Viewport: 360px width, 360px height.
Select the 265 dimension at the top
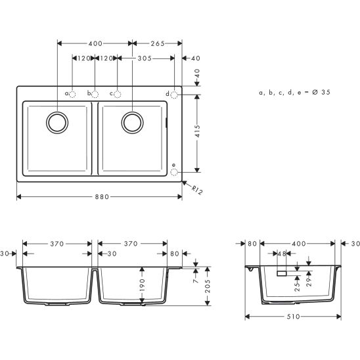[156, 43]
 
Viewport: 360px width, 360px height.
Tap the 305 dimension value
[145, 59]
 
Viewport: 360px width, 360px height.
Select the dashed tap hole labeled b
[95, 94]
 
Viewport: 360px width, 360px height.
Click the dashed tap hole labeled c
[118, 94]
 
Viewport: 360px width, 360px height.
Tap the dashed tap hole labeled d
[174, 94]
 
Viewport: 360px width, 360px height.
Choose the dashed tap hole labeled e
[174, 173]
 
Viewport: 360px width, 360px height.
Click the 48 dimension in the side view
[283, 254]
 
